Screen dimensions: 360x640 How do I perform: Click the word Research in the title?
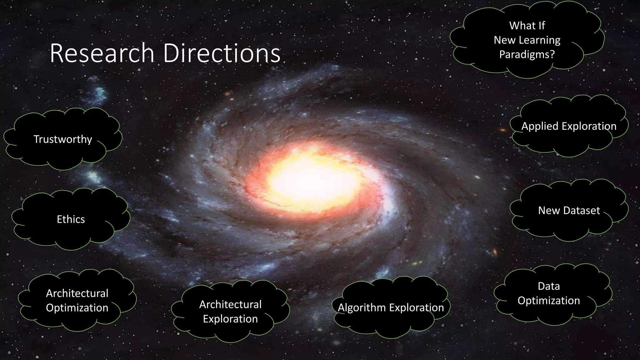(x=102, y=53)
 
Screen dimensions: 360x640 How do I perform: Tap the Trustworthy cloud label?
(x=63, y=139)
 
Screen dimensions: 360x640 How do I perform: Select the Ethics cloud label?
(x=71, y=219)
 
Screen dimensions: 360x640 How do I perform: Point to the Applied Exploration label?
(x=569, y=126)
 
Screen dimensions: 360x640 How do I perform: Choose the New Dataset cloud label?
(x=569, y=211)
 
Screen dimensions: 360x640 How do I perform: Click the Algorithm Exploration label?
(x=391, y=308)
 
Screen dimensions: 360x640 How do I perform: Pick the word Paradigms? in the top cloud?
(x=527, y=55)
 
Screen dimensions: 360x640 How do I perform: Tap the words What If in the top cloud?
(x=527, y=26)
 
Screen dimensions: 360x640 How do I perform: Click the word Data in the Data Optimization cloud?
(x=549, y=286)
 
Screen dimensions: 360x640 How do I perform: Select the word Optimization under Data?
(x=549, y=301)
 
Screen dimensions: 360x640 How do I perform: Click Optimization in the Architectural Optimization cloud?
(x=77, y=308)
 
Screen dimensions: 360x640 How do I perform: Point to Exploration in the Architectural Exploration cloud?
(x=230, y=319)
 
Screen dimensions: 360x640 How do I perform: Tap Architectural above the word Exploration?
(x=230, y=304)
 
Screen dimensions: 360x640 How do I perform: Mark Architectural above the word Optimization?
(x=77, y=293)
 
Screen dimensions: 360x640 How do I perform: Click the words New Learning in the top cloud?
(x=527, y=40)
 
